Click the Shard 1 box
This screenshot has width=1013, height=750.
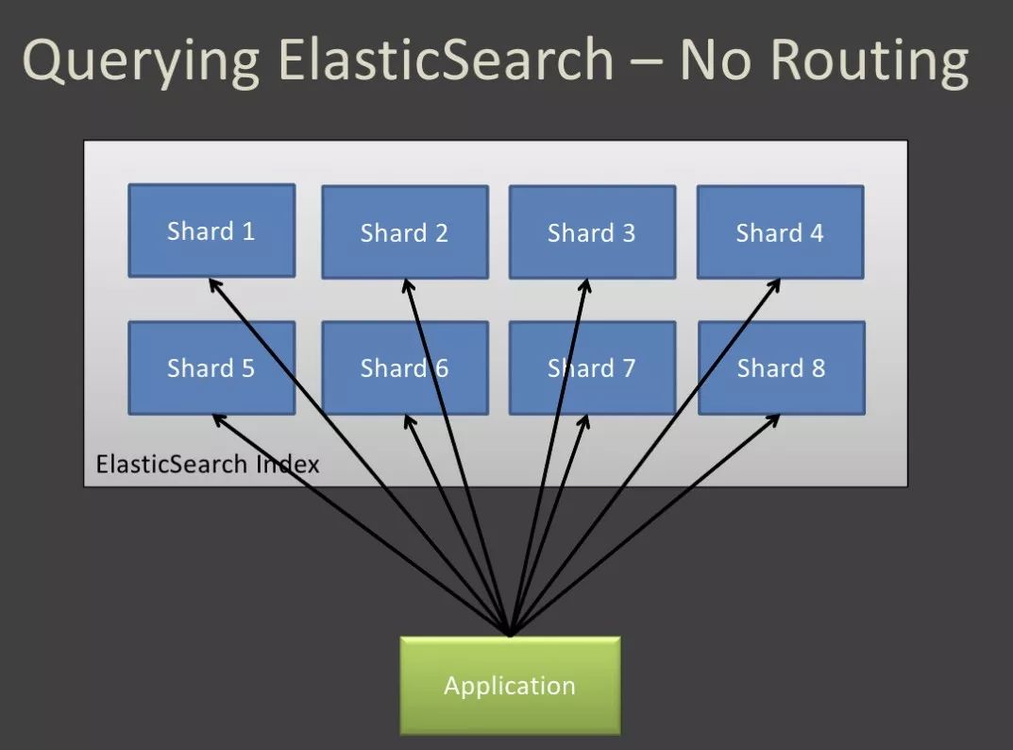click(x=211, y=230)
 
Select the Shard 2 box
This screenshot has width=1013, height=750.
click(x=404, y=232)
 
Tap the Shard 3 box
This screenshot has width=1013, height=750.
click(x=592, y=232)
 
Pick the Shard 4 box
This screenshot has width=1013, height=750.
click(x=780, y=232)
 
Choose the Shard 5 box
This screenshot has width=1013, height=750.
click(x=211, y=367)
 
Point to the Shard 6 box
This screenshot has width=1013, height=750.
click(x=404, y=367)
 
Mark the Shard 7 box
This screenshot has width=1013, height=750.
click(x=592, y=367)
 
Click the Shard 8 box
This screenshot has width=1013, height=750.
click(x=781, y=367)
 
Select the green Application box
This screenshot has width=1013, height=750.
click(x=510, y=685)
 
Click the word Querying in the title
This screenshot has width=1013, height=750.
click(x=140, y=60)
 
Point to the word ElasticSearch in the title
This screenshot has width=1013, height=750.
click(x=447, y=60)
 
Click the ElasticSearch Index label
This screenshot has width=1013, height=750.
click(x=208, y=464)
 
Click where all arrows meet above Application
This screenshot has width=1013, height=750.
click(x=510, y=634)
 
